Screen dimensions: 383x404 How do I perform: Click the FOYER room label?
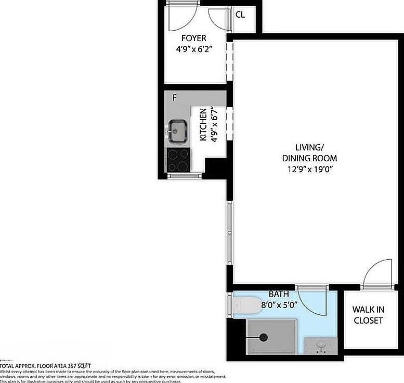coord(193,38)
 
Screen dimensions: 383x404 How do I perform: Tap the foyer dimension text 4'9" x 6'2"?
coord(193,49)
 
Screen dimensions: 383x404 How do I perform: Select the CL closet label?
coord(240,15)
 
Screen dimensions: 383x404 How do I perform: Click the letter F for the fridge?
coord(174,97)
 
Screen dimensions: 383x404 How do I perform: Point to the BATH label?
coord(279,295)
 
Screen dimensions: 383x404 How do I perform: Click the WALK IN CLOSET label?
coord(368,315)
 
